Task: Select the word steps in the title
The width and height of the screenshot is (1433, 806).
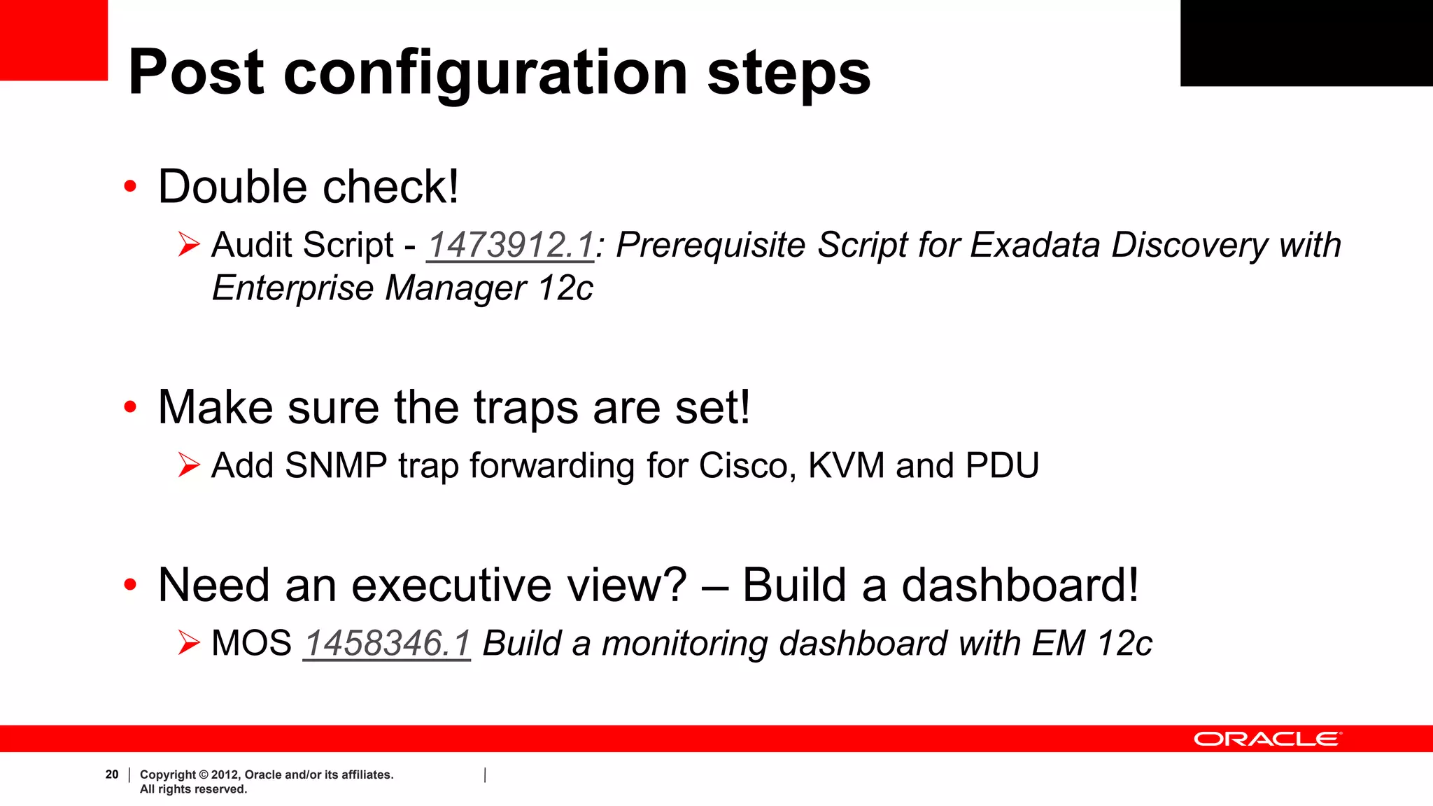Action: coord(789,74)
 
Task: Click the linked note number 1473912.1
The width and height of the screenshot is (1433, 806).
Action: coord(510,246)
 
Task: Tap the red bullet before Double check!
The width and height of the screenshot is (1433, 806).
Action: coord(130,187)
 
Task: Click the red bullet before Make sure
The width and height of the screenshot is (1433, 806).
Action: coord(130,407)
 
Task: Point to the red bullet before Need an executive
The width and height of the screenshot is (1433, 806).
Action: coord(130,585)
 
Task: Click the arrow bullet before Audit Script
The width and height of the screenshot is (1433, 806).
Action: coord(189,245)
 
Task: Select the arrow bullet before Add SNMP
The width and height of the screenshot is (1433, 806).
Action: coord(189,465)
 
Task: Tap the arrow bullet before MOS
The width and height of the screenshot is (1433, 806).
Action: coord(189,643)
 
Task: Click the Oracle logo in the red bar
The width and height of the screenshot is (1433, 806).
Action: coord(1267,740)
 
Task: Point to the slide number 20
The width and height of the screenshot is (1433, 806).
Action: coord(112,775)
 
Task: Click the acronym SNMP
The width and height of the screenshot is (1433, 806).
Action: coord(336,466)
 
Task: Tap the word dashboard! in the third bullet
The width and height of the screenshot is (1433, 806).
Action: coord(1019,585)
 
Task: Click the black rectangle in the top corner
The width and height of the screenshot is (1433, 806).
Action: coord(1306,42)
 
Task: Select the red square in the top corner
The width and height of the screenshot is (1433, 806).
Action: coord(53,39)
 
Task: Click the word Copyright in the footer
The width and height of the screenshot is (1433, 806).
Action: coord(168,775)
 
